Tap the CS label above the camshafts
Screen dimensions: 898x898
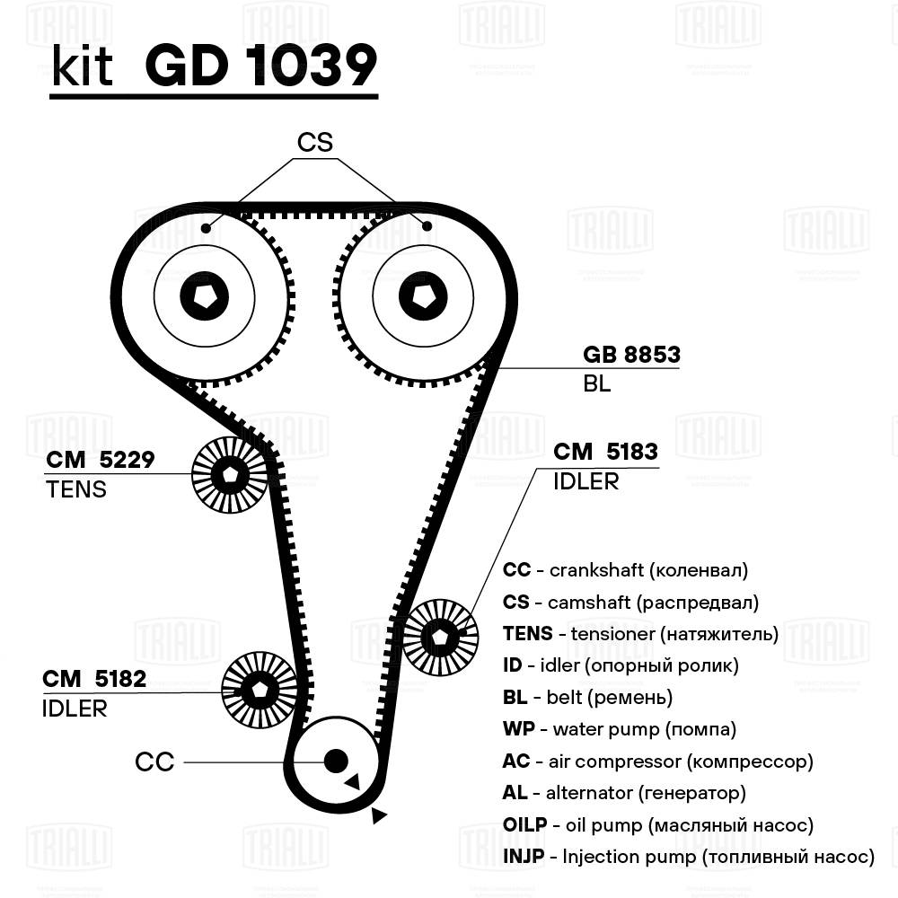315,142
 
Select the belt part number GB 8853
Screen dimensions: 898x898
631,355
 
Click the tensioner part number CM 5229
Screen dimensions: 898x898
101,460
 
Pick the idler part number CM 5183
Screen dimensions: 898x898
605,451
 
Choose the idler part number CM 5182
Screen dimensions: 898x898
94,678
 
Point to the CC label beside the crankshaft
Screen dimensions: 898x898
154,762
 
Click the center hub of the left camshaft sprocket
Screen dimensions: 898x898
205,295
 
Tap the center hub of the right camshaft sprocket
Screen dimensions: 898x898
423,295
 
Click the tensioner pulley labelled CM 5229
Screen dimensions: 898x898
230,475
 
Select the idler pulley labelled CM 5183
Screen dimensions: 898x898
440,635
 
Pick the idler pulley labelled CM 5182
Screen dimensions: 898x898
259,691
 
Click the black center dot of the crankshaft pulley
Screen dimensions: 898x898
336,761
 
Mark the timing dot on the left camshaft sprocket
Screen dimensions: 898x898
207,228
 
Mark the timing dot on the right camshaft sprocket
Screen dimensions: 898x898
427,224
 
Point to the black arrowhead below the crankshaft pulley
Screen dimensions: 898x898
379,815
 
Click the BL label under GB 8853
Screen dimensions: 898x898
597,383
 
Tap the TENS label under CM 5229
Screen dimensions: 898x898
75,489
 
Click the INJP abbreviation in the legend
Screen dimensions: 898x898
524,857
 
